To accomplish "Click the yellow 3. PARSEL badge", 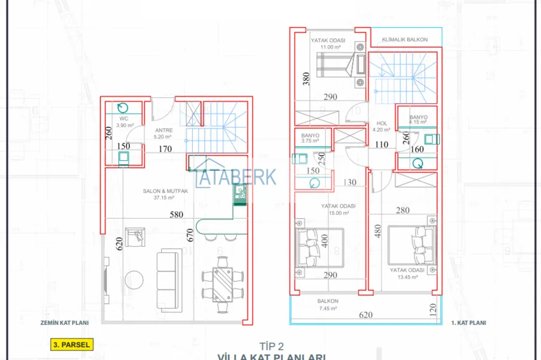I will tap(71, 345).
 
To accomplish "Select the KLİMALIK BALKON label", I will tap(405, 39).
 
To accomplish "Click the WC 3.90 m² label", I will tap(123, 120).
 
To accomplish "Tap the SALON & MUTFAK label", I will tap(164, 194).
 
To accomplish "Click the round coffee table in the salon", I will tap(134, 280).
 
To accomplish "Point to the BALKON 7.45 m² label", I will tap(328, 304).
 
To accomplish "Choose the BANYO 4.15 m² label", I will tap(418, 120).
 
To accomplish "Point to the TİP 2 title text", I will tap(270, 346).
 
